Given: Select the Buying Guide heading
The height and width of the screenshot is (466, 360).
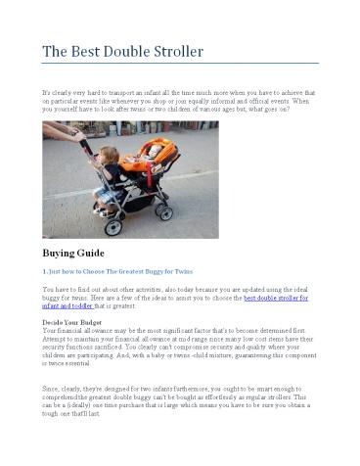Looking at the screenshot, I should (x=74, y=253).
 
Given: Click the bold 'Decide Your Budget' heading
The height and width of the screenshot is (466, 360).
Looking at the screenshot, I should (x=74, y=322).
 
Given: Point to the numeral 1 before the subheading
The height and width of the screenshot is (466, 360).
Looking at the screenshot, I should (x=44, y=270).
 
